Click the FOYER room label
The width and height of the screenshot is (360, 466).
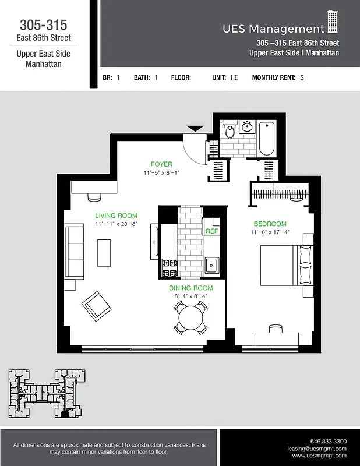(161, 164)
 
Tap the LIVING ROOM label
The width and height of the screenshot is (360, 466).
(116, 216)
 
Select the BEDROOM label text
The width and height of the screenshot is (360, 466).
(270, 224)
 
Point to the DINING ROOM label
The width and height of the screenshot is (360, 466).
(191, 288)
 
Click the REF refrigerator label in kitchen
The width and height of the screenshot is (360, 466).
(211, 231)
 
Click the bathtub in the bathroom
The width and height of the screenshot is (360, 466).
(267, 138)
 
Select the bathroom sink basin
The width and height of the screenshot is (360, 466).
(246, 126)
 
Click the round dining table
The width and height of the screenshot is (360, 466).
(190, 317)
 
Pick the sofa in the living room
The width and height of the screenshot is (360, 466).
(75, 252)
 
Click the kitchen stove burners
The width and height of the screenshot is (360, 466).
(170, 267)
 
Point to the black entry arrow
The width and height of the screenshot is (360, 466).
(194, 128)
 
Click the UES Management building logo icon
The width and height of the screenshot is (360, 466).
(333, 23)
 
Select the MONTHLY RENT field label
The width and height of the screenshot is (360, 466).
(273, 77)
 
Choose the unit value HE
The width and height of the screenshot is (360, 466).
(234, 77)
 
